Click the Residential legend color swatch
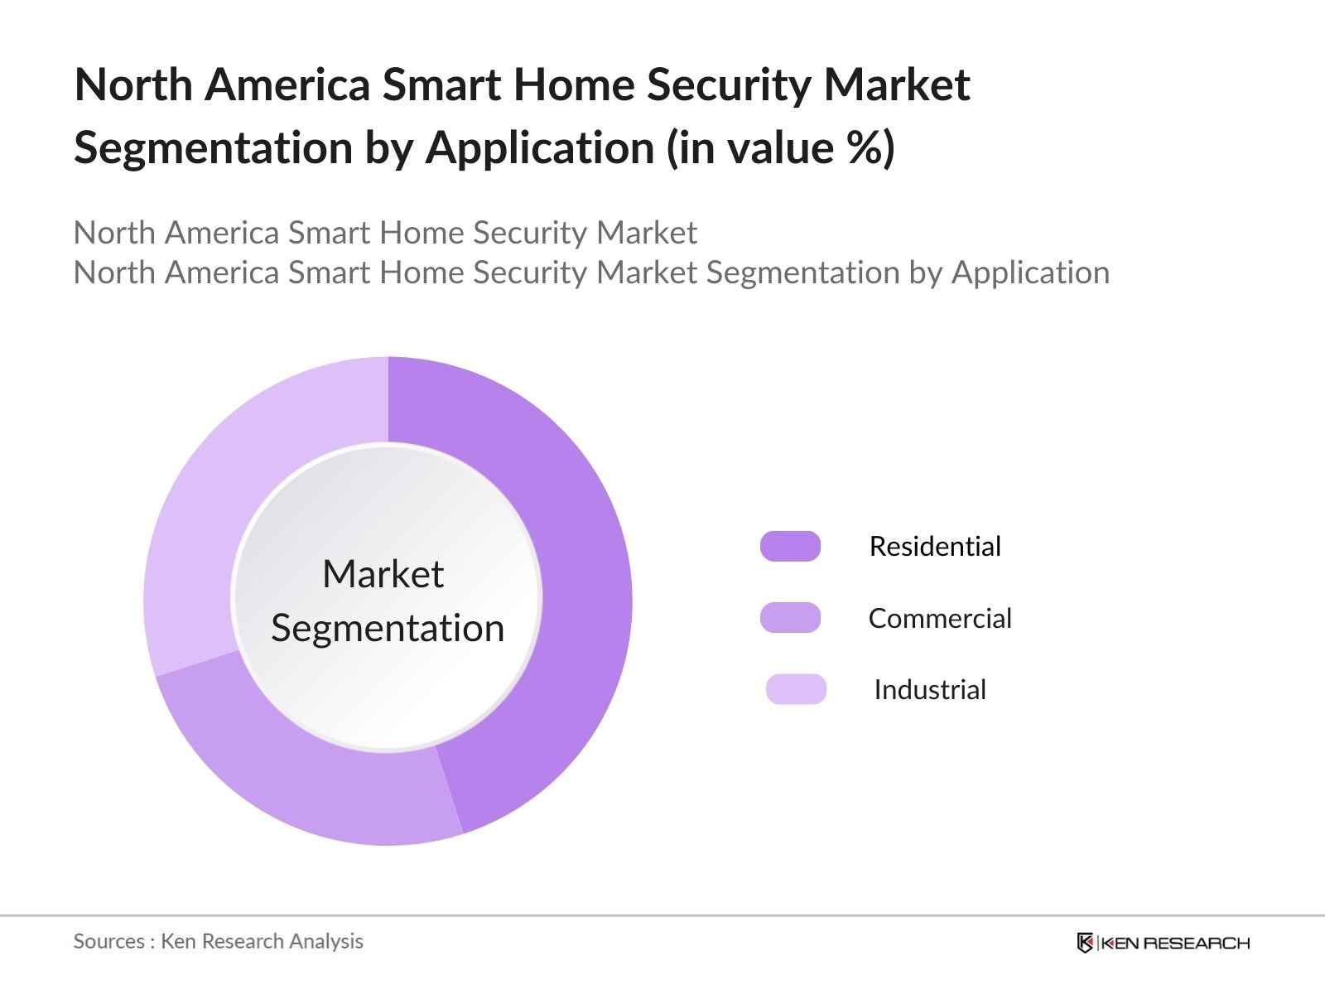(x=790, y=547)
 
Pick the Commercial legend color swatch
(x=790, y=618)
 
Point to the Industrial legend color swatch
(x=796, y=689)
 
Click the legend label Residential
(x=935, y=547)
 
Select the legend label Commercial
(x=940, y=618)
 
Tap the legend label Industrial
(x=930, y=690)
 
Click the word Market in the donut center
(x=383, y=574)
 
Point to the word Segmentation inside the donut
(x=388, y=628)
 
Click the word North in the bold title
(x=133, y=85)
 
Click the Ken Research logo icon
(x=1085, y=943)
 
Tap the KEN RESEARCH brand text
(x=1175, y=943)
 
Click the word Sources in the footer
(x=108, y=941)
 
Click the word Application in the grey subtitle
(x=1030, y=273)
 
